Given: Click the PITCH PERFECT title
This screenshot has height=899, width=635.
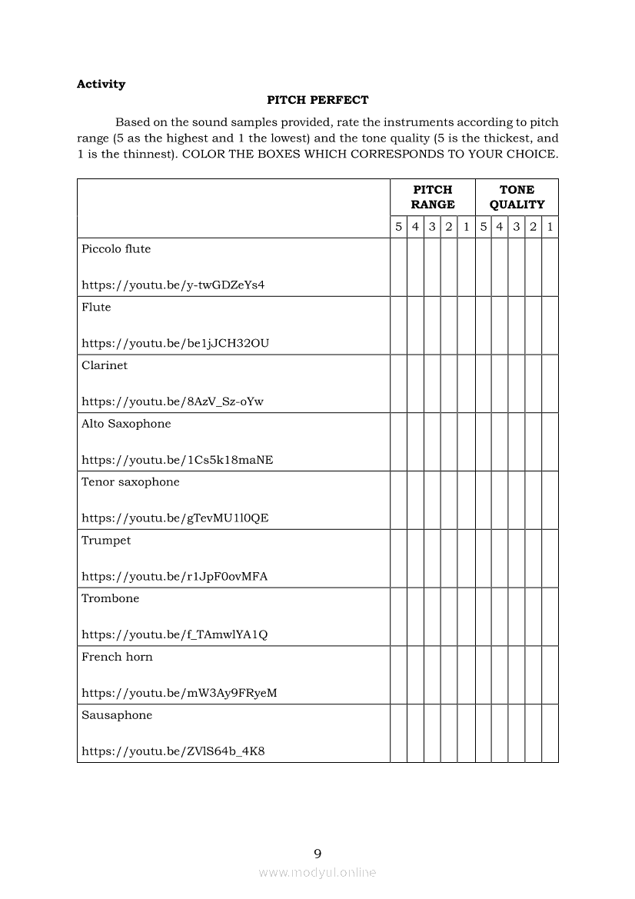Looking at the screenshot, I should [317, 100].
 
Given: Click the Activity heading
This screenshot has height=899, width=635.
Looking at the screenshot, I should [101, 84].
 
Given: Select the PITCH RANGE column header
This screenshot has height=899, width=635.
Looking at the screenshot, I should [432, 197].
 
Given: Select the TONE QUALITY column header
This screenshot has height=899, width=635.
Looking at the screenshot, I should [517, 197].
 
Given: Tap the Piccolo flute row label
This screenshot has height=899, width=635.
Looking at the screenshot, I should [116, 249].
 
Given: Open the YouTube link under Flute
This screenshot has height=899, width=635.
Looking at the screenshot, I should [175, 343].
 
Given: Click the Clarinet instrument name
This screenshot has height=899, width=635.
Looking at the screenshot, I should [105, 365].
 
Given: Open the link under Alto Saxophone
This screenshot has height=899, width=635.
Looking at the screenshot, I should [177, 460].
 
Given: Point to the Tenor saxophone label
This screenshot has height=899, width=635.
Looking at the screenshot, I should [131, 482].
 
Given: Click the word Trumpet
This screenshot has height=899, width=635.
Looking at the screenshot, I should [106, 541].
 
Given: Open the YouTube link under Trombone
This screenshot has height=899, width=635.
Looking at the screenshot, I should [175, 634].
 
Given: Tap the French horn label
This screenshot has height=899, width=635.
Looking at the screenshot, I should [117, 657].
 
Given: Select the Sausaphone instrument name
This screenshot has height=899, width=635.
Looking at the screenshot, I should [117, 715].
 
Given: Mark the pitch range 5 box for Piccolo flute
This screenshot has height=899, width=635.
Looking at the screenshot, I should [398, 267].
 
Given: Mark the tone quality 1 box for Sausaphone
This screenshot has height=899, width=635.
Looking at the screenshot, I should [550, 733].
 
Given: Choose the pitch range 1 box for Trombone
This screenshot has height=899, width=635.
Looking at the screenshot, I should [466, 616].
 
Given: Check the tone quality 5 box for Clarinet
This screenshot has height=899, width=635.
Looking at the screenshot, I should [483, 383].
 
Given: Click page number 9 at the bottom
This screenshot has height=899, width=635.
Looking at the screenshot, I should [317, 853].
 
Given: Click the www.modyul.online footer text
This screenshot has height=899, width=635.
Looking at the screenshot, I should [317, 872].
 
